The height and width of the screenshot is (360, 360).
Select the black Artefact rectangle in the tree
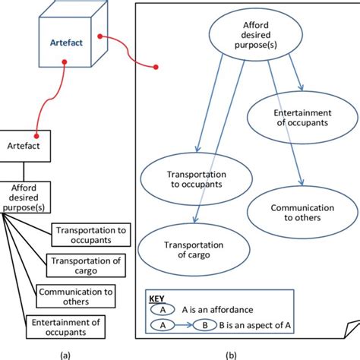(24, 146)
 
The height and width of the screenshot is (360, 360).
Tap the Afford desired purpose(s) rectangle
(24, 197)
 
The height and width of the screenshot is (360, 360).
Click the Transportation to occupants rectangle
(91, 235)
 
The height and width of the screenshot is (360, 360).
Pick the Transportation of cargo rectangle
(86, 266)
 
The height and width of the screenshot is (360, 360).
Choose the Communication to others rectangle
(76, 296)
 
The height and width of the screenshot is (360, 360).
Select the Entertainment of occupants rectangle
(65, 327)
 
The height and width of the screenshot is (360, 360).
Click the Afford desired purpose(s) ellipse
(256, 35)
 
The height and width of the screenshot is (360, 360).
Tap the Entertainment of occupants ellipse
(302, 118)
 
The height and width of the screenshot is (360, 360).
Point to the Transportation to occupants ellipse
(197, 179)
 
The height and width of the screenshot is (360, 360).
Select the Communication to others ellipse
(302, 213)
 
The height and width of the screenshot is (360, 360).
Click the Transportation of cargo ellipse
(194, 250)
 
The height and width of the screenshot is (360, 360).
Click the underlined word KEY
(156, 298)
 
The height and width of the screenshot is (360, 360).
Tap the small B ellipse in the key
(205, 325)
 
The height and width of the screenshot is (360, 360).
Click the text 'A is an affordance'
(217, 310)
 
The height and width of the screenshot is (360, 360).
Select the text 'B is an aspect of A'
(255, 325)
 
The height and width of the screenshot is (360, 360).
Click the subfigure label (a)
(65, 355)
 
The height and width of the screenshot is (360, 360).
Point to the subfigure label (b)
(231, 355)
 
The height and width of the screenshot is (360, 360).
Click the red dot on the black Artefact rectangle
(36, 136)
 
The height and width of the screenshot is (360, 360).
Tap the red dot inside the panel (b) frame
(156, 67)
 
